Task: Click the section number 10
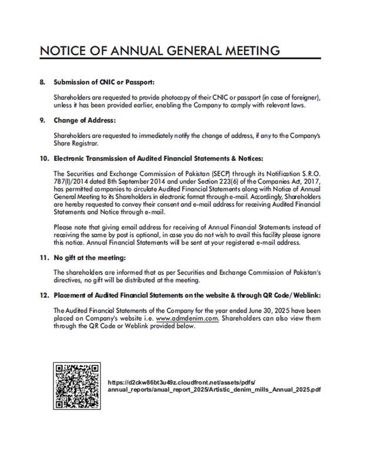tap(43, 159)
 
